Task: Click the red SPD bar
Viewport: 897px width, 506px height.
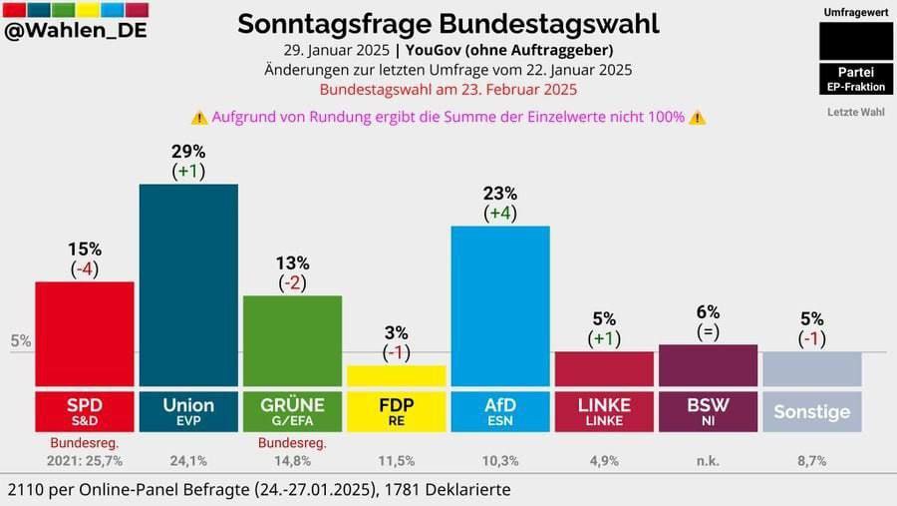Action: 85,333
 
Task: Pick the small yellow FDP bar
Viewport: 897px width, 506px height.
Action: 396,375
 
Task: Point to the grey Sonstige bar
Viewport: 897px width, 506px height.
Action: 811,368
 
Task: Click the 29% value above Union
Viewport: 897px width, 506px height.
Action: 188,152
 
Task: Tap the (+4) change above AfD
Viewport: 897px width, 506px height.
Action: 499,213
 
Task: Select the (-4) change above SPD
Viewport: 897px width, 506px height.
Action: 85,269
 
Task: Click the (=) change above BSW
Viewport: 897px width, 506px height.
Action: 708,332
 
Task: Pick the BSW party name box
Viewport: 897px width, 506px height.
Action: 708,410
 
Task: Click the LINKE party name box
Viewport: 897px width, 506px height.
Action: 604,410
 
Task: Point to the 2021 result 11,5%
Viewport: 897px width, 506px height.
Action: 396,461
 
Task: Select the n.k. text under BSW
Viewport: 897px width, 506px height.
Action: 708,461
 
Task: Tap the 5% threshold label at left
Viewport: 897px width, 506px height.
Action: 20,341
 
